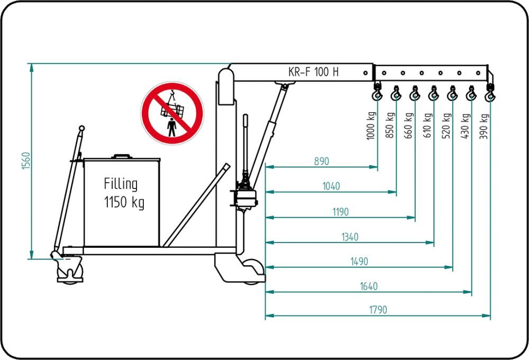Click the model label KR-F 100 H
(313, 72)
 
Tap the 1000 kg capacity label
(371, 125)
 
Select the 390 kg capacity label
(484, 127)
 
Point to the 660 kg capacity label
(408, 125)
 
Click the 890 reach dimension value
(322, 161)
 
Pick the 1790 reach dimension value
(378, 310)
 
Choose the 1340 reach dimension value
(350, 237)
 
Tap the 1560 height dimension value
(26, 161)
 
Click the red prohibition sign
(172, 113)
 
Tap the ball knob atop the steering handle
(81, 128)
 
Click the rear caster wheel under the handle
(70, 271)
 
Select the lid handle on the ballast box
(122, 156)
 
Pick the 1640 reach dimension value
(369, 286)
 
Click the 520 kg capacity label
(446, 126)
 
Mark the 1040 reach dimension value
(331, 186)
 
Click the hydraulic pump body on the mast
(246, 198)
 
